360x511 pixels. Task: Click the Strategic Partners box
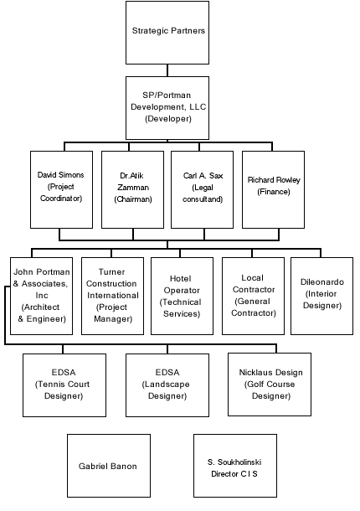click(x=167, y=33)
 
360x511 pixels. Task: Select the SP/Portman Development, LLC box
click(x=167, y=108)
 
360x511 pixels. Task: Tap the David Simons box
click(x=62, y=189)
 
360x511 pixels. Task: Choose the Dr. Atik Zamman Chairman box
click(x=132, y=189)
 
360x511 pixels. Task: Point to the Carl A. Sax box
click(x=203, y=189)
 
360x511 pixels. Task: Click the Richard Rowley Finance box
click(x=273, y=189)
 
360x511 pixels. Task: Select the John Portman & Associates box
click(x=41, y=296)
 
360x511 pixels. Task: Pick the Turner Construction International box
click(x=112, y=296)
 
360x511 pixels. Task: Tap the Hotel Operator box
click(x=183, y=296)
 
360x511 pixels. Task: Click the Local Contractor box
click(x=253, y=296)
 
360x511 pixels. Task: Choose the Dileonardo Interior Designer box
click(x=321, y=296)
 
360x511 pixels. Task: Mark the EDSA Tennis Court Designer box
click(x=64, y=385)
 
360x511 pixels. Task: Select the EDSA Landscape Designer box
click(x=167, y=385)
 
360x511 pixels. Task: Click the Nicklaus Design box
click(x=270, y=385)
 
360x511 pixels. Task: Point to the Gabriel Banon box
click(x=109, y=466)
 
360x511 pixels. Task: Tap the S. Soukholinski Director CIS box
click(x=235, y=466)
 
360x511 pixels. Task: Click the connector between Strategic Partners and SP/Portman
click(x=167, y=70)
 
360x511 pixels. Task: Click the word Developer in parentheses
click(x=168, y=119)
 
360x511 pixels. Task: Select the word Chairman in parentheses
click(x=133, y=199)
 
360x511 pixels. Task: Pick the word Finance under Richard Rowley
click(x=274, y=192)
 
